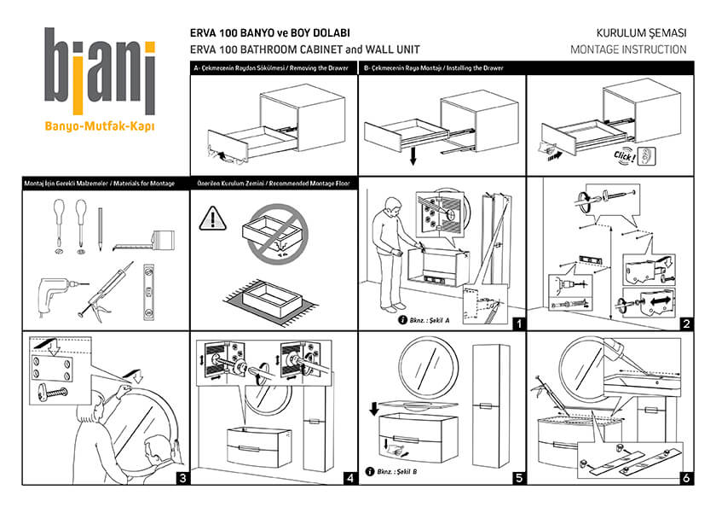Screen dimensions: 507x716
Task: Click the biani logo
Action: point(100,72)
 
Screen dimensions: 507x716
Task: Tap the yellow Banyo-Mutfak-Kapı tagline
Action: point(100,129)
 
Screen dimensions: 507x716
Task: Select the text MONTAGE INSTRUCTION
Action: point(628,50)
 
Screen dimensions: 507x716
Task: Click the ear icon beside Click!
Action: point(650,156)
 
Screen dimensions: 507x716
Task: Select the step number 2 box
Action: point(685,323)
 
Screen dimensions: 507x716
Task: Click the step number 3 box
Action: point(182,478)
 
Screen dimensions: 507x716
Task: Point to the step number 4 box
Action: point(349,478)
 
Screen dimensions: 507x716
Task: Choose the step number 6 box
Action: point(685,478)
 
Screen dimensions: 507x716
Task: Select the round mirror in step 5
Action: point(427,367)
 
